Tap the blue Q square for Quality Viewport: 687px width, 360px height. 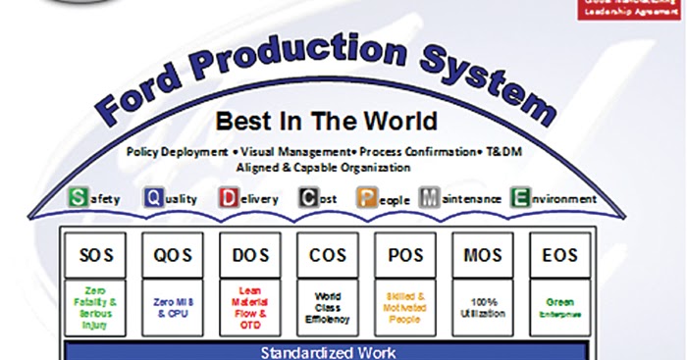pos(154,198)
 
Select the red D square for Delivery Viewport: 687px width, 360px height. pos(229,198)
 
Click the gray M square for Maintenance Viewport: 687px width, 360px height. pos(429,198)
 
